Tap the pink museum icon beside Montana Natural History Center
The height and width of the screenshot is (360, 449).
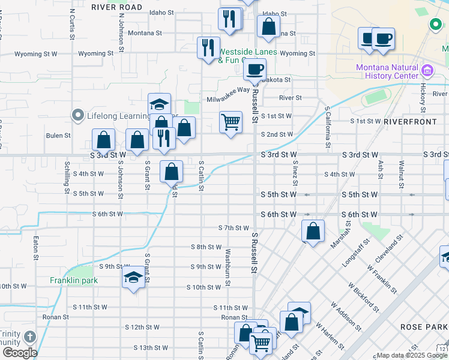click(427, 71)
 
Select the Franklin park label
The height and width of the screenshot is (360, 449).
click(74, 280)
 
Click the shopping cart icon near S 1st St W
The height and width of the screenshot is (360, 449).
click(231, 122)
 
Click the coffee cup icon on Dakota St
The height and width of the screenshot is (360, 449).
click(255, 70)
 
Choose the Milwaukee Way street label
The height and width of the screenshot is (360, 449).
click(228, 90)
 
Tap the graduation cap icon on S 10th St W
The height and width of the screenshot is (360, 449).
click(133, 277)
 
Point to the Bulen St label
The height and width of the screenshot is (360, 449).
click(58, 136)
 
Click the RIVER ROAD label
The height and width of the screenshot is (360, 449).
click(117, 7)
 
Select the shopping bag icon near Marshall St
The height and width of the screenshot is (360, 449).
click(313, 231)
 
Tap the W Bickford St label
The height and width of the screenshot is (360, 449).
click(363, 302)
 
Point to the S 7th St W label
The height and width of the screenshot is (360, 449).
click(234, 228)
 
